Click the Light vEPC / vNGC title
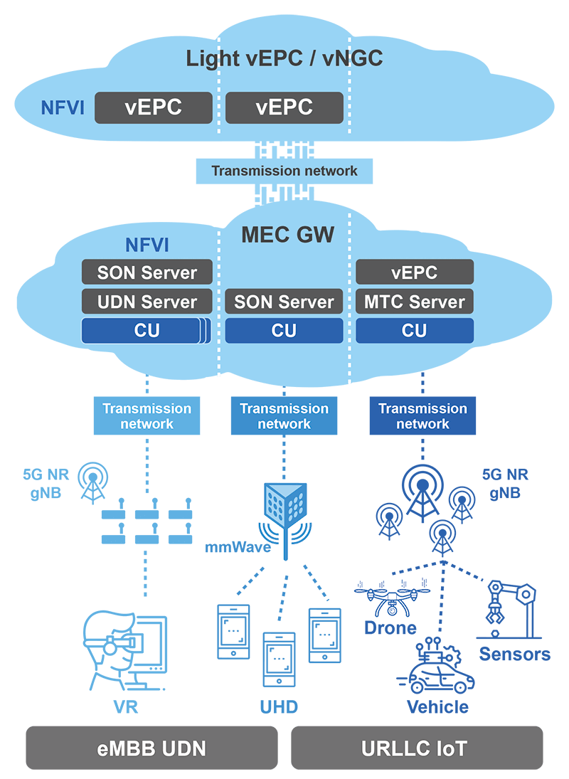pyautogui.click(x=284, y=58)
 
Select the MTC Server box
pyautogui.click(x=415, y=302)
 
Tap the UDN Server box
pyautogui.click(x=147, y=302)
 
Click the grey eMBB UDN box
pyautogui.click(x=151, y=748)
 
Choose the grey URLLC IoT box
pyautogui.click(x=417, y=748)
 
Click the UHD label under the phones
pyautogui.click(x=279, y=706)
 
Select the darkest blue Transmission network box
pyautogui.click(x=422, y=416)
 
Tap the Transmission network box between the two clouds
pyautogui.click(x=284, y=171)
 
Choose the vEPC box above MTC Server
pyautogui.click(x=415, y=272)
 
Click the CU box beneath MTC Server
pyautogui.click(x=415, y=331)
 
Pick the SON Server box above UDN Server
pyautogui.click(x=147, y=272)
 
